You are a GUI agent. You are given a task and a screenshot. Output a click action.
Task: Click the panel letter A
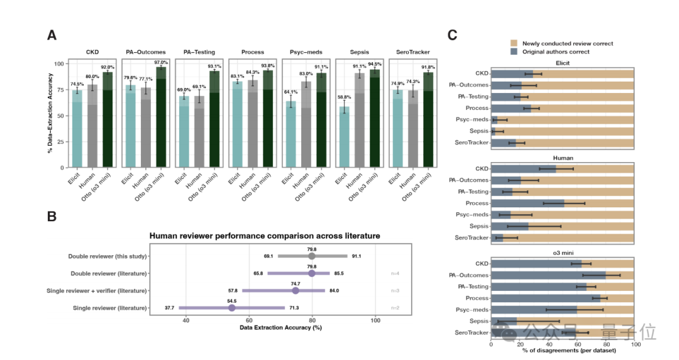52,35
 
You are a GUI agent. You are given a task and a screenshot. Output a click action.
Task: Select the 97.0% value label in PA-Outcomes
162,63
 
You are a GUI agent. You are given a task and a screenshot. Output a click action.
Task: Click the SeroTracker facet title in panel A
411,52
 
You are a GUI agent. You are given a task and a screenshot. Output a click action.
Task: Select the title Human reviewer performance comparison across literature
264,236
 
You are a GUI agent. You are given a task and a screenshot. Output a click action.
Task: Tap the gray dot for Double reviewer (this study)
312,256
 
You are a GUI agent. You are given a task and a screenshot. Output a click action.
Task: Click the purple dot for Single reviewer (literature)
231,308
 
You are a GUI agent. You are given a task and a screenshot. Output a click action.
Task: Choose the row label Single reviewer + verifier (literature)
97,291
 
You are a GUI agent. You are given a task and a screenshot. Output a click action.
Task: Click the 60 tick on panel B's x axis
249,320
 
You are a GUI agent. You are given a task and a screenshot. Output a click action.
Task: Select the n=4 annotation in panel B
395,273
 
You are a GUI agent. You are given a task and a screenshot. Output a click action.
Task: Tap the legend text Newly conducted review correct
568,43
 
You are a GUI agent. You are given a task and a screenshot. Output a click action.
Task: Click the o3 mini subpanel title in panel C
563,253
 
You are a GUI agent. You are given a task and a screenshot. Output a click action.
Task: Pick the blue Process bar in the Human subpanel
527,203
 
